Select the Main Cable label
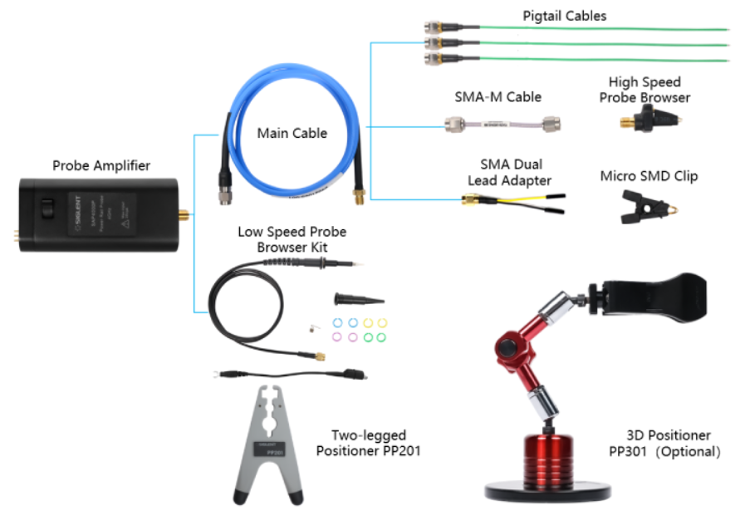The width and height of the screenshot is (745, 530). coord(292,133)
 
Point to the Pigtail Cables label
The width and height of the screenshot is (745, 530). coord(565,16)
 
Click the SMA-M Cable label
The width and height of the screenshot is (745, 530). coord(497,97)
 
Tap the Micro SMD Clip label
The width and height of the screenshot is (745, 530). coord(649,176)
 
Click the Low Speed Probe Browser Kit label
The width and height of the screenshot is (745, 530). coord(292,239)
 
